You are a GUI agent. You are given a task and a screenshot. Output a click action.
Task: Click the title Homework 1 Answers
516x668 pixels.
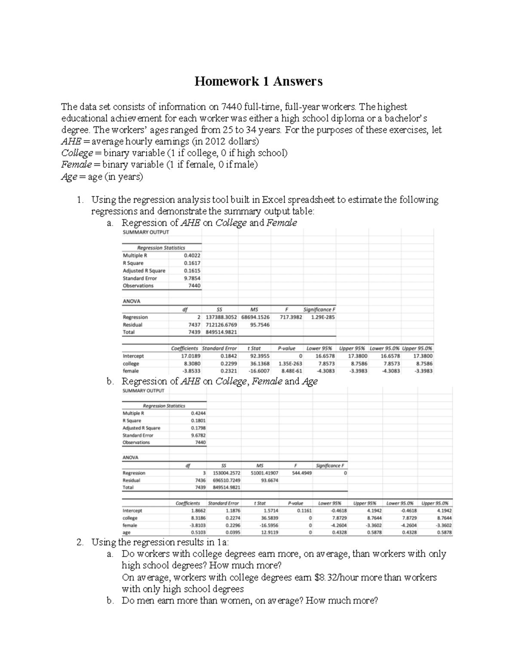pos(258,81)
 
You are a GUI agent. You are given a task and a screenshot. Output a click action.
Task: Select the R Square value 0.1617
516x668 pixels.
pos(192,263)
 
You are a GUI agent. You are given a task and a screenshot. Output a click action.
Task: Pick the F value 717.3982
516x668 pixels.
pos(291,317)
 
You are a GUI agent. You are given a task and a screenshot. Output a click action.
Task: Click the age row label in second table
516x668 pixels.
pos(127,533)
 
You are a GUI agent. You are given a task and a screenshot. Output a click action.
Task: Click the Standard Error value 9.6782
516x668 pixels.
pos(198,435)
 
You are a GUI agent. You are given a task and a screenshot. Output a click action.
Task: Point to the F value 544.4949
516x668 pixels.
pos(302,473)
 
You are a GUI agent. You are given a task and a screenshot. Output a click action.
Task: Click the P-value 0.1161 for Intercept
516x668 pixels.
pos(304,511)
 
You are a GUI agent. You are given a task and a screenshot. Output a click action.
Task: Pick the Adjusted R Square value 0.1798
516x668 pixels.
pos(198,428)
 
